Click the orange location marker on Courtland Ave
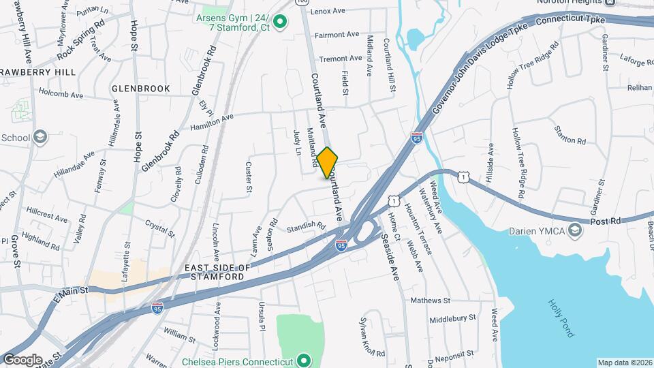(327, 162)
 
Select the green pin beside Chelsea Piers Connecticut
(305, 361)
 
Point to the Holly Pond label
(562, 318)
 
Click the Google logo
(22, 359)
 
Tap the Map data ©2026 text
(625, 363)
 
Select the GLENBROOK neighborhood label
(140, 88)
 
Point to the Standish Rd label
(305, 226)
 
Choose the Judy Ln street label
(296, 142)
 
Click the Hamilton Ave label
(212, 122)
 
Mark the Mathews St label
(431, 300)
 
